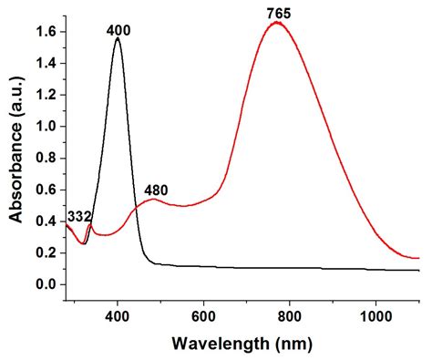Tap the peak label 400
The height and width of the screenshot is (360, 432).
[118, 30]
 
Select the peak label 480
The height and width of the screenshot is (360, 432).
[159, 191]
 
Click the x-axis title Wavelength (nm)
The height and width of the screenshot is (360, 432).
[244, 345]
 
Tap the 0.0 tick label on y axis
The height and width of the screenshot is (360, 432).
[46, 284]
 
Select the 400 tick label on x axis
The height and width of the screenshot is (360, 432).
[118, 315]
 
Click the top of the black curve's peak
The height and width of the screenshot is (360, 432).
[118, 38]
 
